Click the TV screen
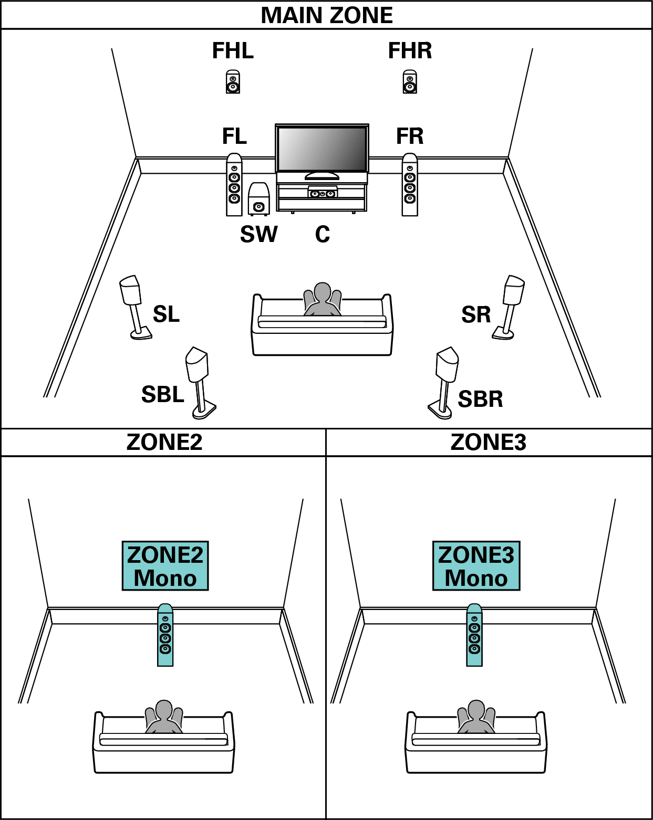[x=322, y=148]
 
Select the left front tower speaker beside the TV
[x=234, y=185]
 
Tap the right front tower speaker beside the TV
[x=410, y=185]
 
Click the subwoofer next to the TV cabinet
[x=258, y=199]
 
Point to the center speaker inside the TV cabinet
[x=322, y=193]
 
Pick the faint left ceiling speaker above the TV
[x=233, y=83]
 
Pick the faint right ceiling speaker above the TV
[x=410, y=83]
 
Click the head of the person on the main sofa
[x=322, y=292]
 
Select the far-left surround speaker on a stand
[x=131, y=291]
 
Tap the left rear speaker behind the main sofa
[x=198, y=365]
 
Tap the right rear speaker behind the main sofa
[x=447, y=365]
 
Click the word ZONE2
[x=165, y=555]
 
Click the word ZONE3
[x=476, y=555]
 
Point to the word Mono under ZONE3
[x=476, y=578]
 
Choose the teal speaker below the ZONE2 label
[x=165, y=635]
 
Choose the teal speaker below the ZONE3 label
[x=474, y=635]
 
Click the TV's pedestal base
[x=322, y=176]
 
